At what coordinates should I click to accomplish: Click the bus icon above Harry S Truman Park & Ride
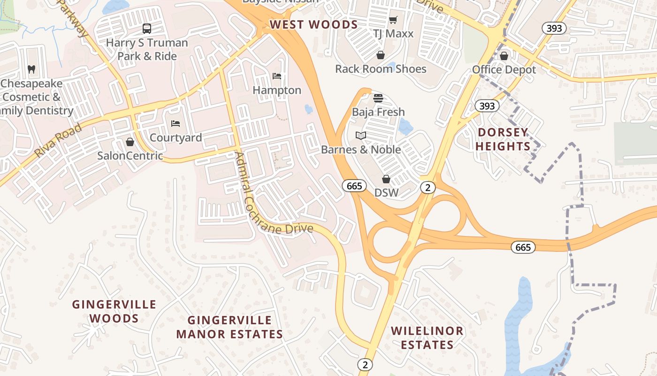(147, 29)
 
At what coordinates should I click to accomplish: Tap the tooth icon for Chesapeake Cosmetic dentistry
(31, 69)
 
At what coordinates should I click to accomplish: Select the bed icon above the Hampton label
(277, 76)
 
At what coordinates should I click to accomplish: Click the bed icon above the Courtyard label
(176, 124)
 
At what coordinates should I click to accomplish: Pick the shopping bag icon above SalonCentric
(130, 141)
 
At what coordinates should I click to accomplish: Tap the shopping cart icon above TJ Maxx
(393, 20)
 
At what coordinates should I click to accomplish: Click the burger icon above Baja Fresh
(378, 98)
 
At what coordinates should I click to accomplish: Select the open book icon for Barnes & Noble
(360, 136)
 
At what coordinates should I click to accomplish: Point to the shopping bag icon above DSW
(386, 179)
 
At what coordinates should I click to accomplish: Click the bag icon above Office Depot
(504, 56)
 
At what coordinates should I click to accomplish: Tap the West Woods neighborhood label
(313, 25)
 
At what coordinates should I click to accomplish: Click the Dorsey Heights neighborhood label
(502, 139)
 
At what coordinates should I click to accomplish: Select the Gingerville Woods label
(114, 311)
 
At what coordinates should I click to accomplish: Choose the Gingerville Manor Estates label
(229, 327)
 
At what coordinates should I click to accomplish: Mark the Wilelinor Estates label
(427, 337)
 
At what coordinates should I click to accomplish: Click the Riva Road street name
(58, 140)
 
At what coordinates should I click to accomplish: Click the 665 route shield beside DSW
(354, 186)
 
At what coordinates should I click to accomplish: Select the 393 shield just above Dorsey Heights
(487, 106)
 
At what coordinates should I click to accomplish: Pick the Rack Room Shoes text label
(381, 69)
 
